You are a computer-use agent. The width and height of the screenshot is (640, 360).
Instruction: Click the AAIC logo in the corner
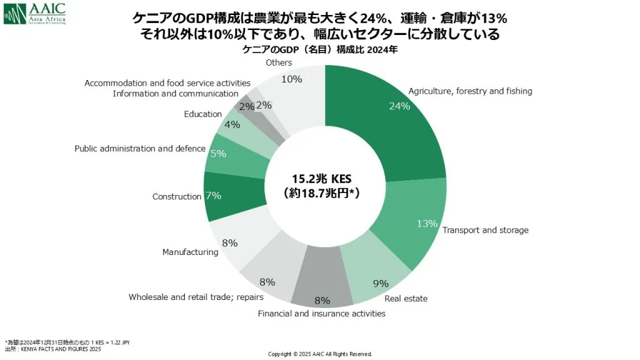(x=34, y=13)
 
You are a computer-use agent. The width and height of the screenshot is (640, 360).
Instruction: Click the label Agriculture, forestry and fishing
(x=470, y=91)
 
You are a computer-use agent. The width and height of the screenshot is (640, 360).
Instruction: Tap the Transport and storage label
(x=485, y=230)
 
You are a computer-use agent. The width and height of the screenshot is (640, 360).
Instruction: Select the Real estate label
(x=406, y=299)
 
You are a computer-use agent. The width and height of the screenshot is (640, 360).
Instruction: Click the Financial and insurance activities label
(x=321, y=313)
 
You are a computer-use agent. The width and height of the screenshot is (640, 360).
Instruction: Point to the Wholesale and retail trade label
(x=187, y=297)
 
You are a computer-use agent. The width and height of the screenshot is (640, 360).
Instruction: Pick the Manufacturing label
(x=190, y=252)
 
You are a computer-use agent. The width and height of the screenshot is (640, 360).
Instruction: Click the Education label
(x=202, y=114)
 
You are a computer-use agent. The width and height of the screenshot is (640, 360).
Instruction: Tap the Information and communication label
(x=176, y=94)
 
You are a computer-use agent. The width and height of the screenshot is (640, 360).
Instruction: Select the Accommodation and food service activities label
(x=167, y=83)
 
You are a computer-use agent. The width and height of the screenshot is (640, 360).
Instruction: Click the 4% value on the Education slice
(x=232, y=124)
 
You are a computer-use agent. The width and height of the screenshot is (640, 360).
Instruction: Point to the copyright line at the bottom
(x=320, y=354)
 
